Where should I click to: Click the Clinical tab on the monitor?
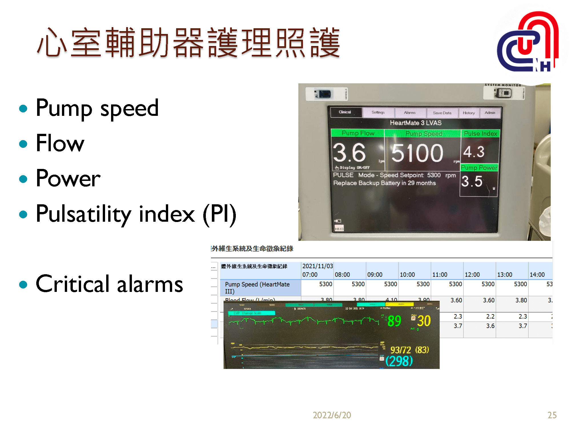click(345, 112)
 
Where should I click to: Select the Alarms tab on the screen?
click(410, 113)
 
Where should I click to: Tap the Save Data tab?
click(442, 113)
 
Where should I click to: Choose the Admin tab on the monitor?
click(490, 113)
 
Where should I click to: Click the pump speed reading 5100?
click(417, 153)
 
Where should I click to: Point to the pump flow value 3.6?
click(349, 153)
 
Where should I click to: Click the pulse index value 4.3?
click(474, 152)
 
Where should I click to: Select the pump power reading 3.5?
click(472, 181)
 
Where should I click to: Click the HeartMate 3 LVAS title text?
click(416, 123)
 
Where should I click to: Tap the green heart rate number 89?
click(394, 321)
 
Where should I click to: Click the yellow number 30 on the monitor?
click(424, 321)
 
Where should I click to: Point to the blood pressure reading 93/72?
click(401, 350)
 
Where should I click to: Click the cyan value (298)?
click(399, 361)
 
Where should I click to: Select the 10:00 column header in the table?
click(407, 274)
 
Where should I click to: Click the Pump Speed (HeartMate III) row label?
click(257, 288)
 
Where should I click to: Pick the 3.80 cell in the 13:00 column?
click(521, 300)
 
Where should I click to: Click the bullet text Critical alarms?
click(109, 284)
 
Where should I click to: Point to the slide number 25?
click(552, 415)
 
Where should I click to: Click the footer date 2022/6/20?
click(332, 415)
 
